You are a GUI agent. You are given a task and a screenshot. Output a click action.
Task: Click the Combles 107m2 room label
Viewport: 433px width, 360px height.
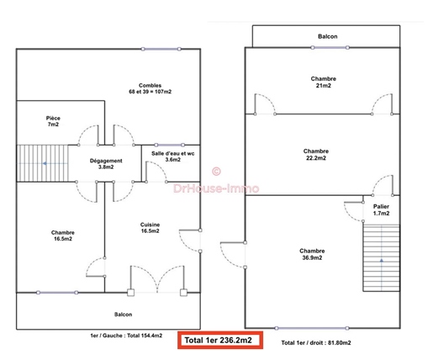click(150, 88)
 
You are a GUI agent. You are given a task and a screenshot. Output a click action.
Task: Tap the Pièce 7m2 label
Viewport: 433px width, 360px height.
click(53, 121)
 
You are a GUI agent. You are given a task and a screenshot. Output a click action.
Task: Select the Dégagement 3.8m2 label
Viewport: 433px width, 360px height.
click(106, 164)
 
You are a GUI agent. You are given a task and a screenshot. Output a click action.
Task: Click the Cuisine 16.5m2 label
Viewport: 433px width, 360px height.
click(150, 228)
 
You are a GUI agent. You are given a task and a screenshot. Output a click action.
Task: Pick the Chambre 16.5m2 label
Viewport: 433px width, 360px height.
click(63, 236)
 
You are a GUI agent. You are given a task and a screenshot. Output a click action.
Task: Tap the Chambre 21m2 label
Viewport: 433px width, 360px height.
click(324, 82)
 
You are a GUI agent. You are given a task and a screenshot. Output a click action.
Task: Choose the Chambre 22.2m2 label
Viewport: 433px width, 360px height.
click(316, 155)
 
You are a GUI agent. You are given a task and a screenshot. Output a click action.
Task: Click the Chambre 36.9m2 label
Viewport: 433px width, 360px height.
click(312, 254)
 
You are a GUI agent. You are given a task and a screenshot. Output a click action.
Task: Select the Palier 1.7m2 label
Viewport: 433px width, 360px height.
click(381, 209)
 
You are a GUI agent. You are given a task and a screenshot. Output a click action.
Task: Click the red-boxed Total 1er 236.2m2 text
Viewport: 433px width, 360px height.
click(218, 341)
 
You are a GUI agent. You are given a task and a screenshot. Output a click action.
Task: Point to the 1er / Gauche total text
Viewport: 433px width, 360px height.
click(126, 336)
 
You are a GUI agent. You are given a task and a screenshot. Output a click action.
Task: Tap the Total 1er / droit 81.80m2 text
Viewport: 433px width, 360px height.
click(316, 342)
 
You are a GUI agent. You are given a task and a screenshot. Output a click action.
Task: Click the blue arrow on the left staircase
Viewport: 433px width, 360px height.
click(45, 163)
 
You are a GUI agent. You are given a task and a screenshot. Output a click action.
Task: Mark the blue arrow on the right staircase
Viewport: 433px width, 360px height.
click(382, 261)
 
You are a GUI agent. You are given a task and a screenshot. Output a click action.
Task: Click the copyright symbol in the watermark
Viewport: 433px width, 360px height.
click(216, 172)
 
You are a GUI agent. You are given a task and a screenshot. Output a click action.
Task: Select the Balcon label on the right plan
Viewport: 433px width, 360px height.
click(328, 36)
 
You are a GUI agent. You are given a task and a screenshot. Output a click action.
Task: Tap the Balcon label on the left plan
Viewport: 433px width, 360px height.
click(123, 315)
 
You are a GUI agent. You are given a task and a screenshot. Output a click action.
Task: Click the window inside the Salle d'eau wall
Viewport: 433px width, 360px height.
click(170, 145)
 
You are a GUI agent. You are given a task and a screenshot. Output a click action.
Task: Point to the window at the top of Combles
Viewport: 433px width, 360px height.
click(161, 49)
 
